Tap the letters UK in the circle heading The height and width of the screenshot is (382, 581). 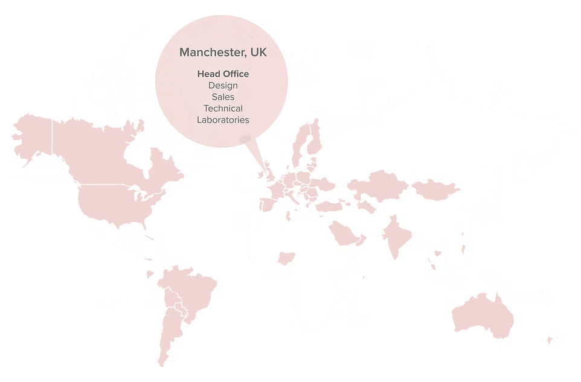[x=258, y=53]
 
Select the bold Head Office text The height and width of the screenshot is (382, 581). [x=223, y=74]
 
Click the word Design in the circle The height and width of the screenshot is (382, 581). [x=223, y=85]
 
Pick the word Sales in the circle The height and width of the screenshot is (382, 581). [x=223, y=97]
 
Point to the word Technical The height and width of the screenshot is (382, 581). [x=223, y=108]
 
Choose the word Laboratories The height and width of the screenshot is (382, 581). [x=223, y=119]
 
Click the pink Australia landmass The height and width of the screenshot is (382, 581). [x=480, y=317]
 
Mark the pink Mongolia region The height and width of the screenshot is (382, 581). [x=436, y=189]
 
